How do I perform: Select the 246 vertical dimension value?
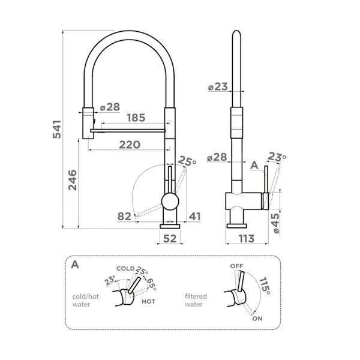point(72,181)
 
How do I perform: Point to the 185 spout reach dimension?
point(136,118)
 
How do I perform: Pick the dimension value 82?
point(124,216)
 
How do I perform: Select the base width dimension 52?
point(170,238)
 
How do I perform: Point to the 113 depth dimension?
point(244,238)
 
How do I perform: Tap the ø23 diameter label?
point(217,87)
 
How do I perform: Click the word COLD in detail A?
point(125,268)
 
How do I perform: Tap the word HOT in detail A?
point(149,302)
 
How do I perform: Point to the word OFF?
point(237,265)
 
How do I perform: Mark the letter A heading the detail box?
point(74,264)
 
